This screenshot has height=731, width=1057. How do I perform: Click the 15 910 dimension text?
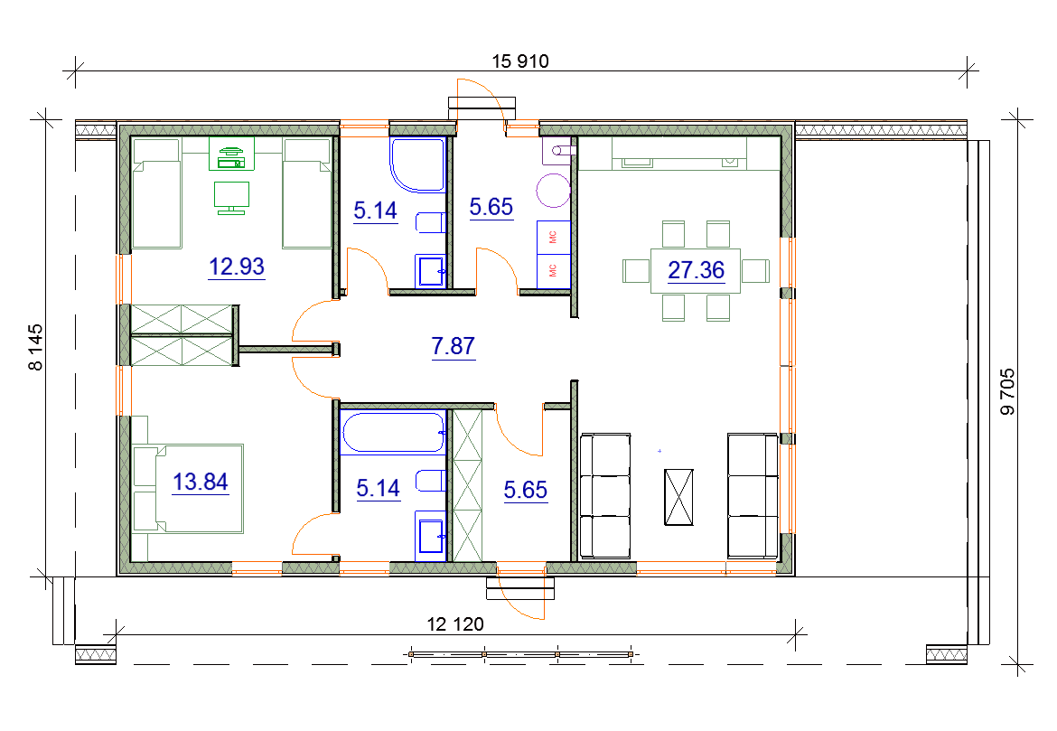click(x=520, y=61)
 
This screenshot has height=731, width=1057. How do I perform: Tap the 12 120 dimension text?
click(x=455, y=624)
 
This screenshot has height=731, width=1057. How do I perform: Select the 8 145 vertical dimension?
click(x=35, y=347)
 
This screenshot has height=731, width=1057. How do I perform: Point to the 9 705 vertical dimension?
click(x=1007, y=392)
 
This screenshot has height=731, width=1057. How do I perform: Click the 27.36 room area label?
click(x=696, y=270)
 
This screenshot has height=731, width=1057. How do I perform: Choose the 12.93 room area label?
click(x=237, y=267)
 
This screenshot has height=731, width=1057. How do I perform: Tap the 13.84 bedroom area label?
click(x=201, y=483)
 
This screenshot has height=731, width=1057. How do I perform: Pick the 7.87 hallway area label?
click(x=453, y=346)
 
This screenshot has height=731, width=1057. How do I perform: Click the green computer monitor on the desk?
click(x=231, y=198)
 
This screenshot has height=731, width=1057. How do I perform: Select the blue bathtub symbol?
click(x=392, y=432)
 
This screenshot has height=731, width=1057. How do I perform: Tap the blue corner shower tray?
click(x=417, y=164)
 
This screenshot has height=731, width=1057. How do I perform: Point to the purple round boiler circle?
click(x=554, y=190)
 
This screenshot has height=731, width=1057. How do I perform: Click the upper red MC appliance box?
click(x=554, y=237)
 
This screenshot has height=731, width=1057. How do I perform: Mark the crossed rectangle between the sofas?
click(x=678, y=497)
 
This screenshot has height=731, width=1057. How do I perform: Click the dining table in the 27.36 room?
click(x=696, y=270)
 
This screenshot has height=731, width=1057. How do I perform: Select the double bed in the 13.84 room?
click(x=188, y=488)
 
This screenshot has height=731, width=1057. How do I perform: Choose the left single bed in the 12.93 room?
click(x=157, y=193)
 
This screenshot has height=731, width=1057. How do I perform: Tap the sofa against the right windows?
click(x=753, y=496)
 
